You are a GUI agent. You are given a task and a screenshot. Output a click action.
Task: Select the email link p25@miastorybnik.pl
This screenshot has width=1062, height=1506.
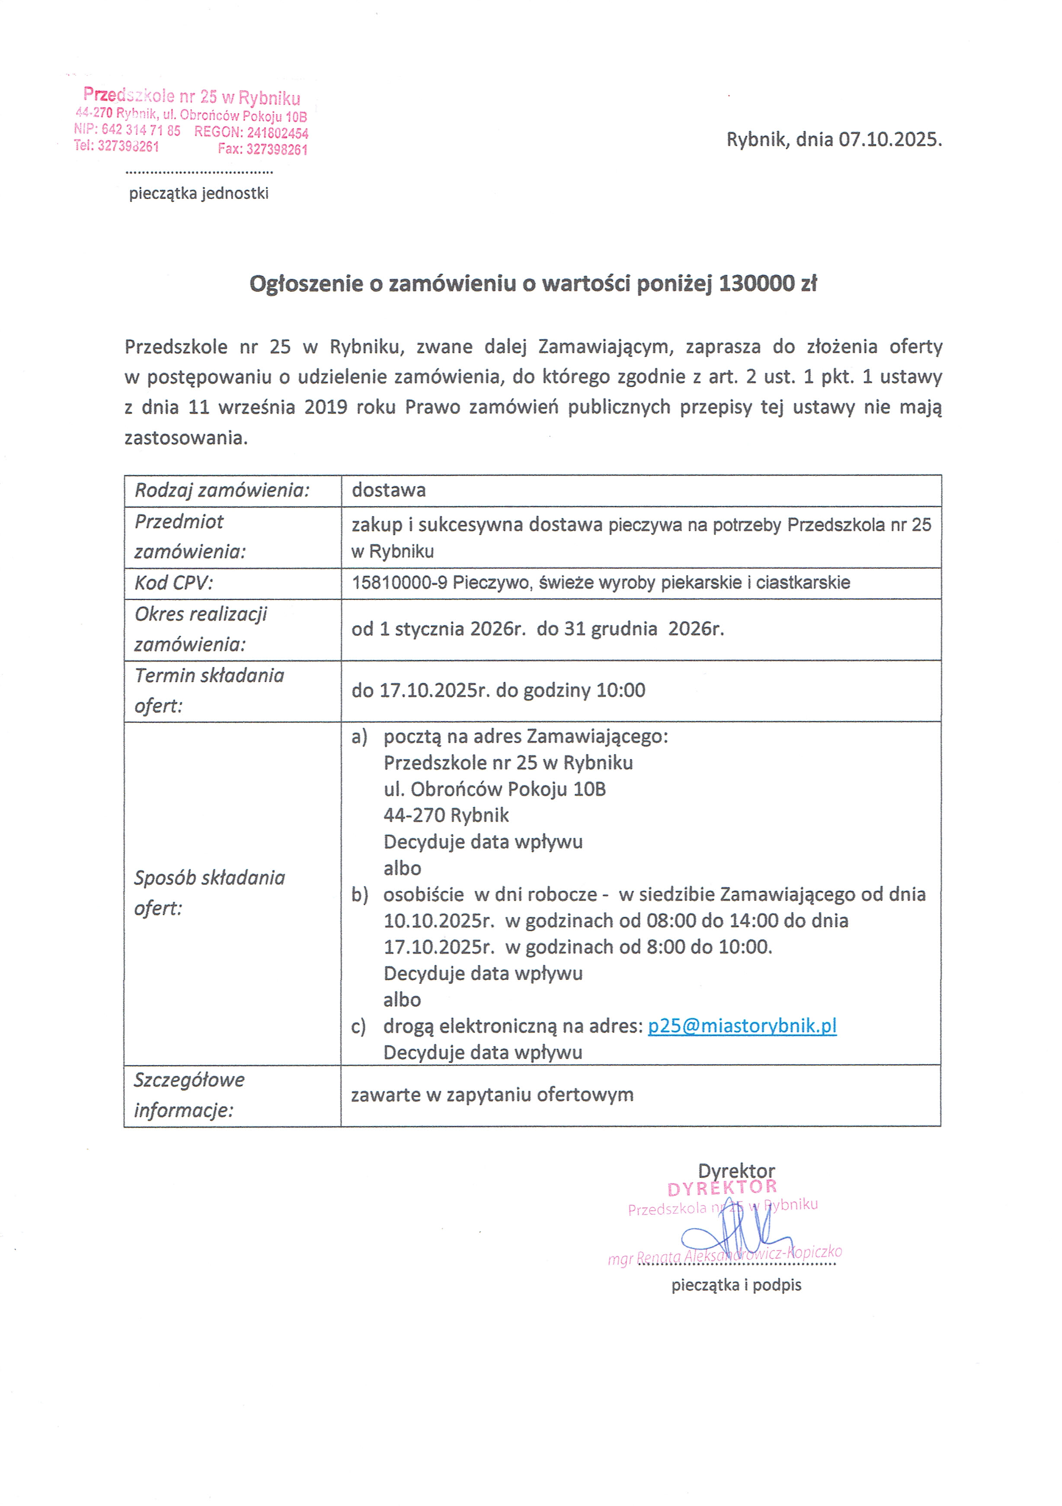point(742,1026)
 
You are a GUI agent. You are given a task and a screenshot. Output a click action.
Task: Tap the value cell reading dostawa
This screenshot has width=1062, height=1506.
point(388,490)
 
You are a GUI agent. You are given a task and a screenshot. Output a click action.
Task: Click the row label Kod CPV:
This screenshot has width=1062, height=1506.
point(174,582)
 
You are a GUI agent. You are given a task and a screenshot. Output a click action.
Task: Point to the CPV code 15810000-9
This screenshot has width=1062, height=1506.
point(400,582)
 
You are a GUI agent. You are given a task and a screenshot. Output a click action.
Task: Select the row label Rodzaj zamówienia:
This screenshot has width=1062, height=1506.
point(222,490)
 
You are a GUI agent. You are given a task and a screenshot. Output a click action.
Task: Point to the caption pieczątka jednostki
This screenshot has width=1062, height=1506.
point(199,194)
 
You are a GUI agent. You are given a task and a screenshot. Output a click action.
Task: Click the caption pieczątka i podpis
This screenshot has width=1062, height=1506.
point(736,1285)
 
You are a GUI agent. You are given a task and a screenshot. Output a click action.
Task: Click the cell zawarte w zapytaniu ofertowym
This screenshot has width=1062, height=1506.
point(492,1095)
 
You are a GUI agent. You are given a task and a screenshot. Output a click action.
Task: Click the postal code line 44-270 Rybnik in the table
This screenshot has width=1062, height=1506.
point(446,815)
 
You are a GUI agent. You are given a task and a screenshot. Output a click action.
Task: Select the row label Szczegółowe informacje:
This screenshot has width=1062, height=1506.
point(189,1095)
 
